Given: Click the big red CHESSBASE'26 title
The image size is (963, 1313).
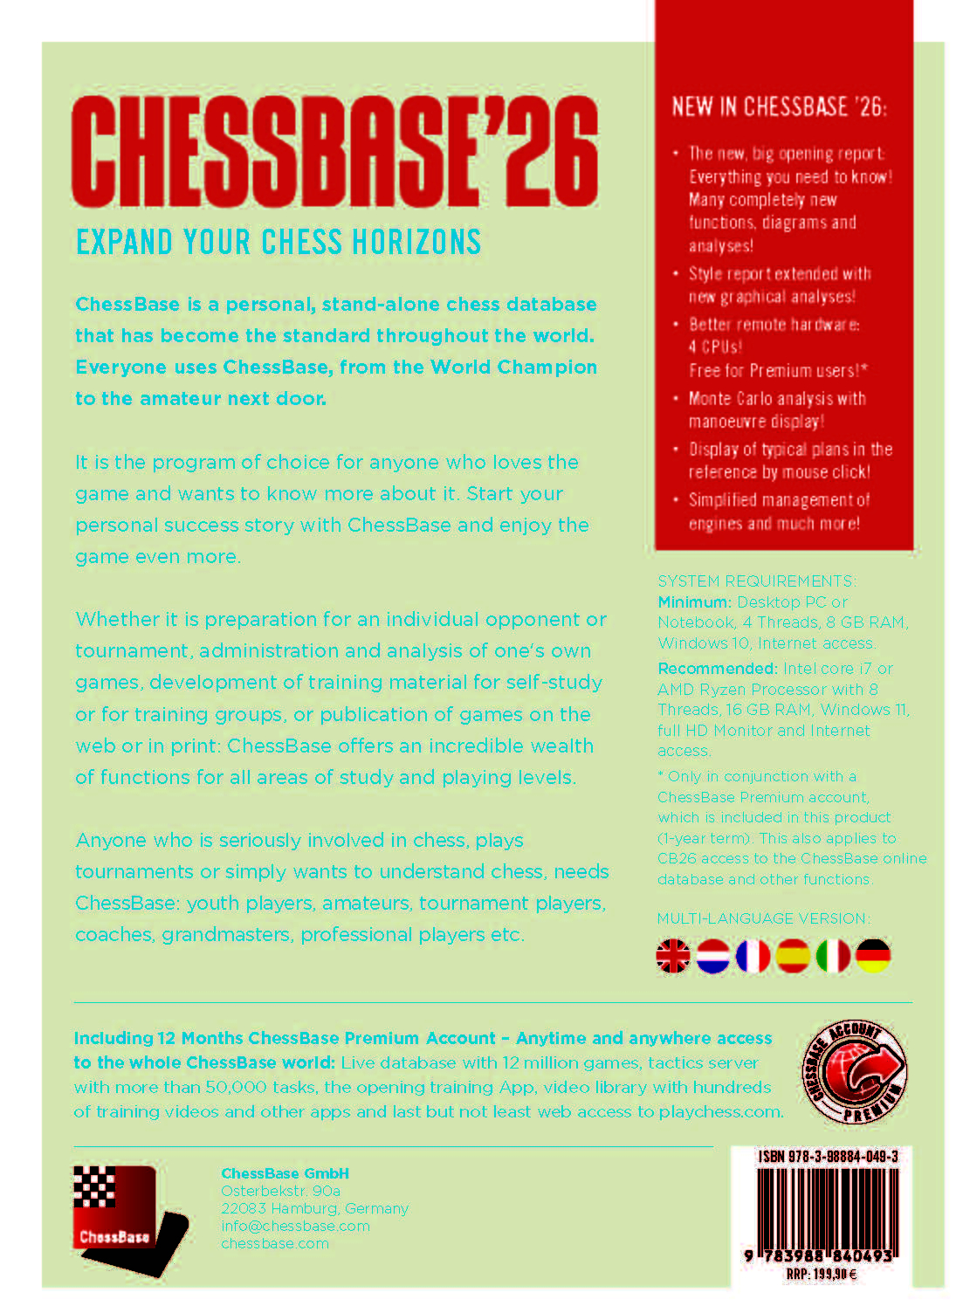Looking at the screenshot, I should click(334, 152).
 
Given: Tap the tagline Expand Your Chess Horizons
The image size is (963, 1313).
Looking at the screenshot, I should click(279, 242).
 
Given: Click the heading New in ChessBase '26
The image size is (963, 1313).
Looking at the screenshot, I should click(779, 107).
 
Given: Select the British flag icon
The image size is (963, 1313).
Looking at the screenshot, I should click(673, 956).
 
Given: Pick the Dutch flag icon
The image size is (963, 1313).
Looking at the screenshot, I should click(713, 956).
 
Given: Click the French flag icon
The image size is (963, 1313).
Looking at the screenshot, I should click(753, 956).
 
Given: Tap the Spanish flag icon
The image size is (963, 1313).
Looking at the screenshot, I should click(793, 956).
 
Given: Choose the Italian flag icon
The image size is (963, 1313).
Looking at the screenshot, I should click(833, 956).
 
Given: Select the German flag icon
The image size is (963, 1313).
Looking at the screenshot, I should click(873, 956).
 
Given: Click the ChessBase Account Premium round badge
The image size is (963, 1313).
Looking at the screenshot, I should click(854, 1071).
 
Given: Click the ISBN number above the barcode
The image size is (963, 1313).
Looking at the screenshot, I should click(828, 1157).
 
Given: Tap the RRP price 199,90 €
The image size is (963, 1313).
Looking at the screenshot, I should click(821, 1275).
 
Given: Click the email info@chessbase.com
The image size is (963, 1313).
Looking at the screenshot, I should click(295, 1226).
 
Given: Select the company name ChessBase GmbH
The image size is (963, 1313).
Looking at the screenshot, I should click(285, 1173).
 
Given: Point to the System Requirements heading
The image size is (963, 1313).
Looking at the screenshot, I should click(756, 581).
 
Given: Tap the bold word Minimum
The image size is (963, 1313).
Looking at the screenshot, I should click(694, 602).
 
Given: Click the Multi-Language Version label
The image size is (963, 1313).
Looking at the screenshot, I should click(763, 918).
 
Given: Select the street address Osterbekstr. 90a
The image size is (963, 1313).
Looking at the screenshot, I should click(280, 1191).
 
